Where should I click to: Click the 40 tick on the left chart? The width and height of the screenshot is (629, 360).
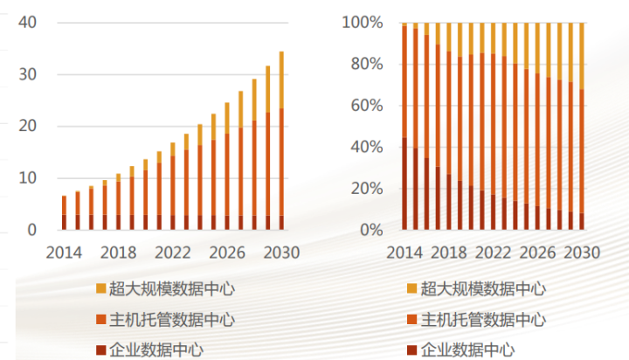pyautogui.click(x=26, y=23)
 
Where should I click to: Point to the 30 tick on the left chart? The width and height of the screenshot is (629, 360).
pyautogui.click(x=26, y=75)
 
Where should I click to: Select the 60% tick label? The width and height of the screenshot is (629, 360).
pyautogui.click(x=365, y=106)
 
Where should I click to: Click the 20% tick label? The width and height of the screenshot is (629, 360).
pyautogui.click(x=365, y=189)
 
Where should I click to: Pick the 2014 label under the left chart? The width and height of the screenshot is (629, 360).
pyautogui.click(x=63, y=253)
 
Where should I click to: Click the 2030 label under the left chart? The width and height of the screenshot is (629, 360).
pyautogui.click(x=281, y=253)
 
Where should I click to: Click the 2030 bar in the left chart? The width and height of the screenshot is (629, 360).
pyautogui.click(x=281, y=140)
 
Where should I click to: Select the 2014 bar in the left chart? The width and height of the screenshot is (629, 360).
pyautogui.click(x=64, y=212)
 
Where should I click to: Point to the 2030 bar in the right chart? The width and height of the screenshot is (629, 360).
pyautogui.click(x=582, y=126)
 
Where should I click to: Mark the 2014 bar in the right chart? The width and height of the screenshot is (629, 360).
pyautogui.click(x=404, y=128)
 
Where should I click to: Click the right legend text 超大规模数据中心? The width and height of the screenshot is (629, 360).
pyautogui.click(x=483, y=288)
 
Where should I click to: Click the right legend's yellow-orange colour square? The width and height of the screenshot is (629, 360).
pyautogui.click(x=411, y=288)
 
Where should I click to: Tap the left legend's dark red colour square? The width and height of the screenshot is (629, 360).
pyautogui.click(x=102, y=350)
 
